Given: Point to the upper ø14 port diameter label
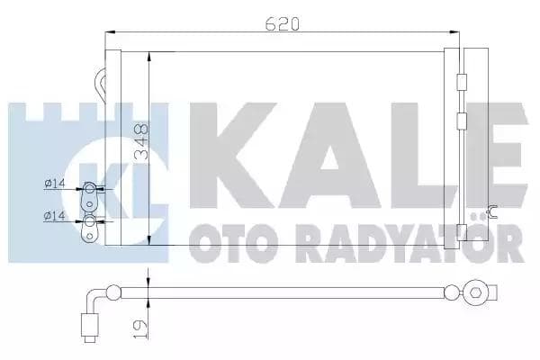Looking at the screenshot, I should pyautogui.click(x=55, y=187).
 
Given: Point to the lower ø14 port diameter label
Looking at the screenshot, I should pyautogui.click(x=55, y=216).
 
